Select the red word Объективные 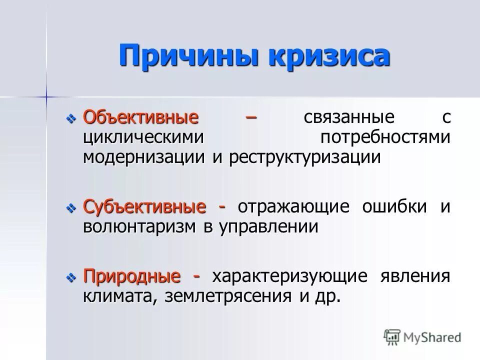click(x=140, y=117)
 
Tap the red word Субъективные click(x=144, y=206)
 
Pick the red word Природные click(x=132, y=276)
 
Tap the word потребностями click(x=385, y=137)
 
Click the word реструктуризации click(x=305, y=157)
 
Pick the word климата click(x=117, y=296)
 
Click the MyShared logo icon click(x=392, y=336)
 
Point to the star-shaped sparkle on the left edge click(x=46, y=94)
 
